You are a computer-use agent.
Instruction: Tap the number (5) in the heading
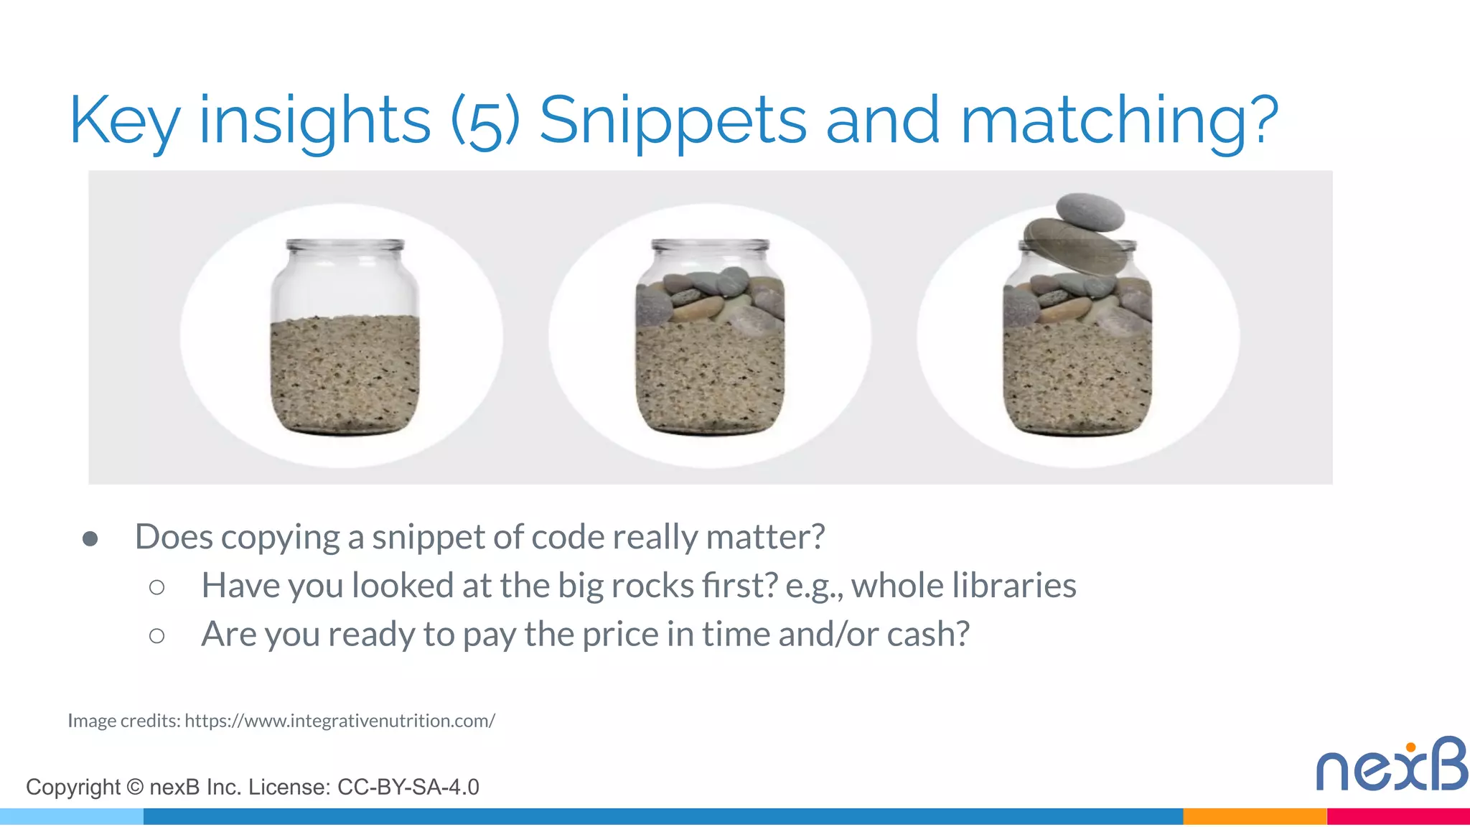click(x=485, y=122)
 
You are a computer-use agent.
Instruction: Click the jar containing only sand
click(x=345, y=337)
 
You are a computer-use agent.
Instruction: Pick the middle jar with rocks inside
click(x=710, y=337)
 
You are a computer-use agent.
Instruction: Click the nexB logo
click(x=1391, y=765)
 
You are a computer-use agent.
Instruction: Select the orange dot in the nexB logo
click(x=1410, y=747)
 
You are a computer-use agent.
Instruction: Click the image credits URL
click(x=340, y=721)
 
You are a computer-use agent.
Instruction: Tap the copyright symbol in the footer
click(x=135, y=787)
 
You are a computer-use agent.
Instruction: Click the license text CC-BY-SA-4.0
click(x=408, y=788)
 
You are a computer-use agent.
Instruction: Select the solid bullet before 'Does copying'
click(x=90, y=538)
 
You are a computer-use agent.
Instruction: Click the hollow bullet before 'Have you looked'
click(x=156, y=587)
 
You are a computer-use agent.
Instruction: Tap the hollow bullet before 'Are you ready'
click(x=156, y=635)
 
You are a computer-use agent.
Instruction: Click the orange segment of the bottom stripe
click(x=1254, y=816)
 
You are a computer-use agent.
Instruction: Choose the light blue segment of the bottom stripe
click(x=72, y=816)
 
